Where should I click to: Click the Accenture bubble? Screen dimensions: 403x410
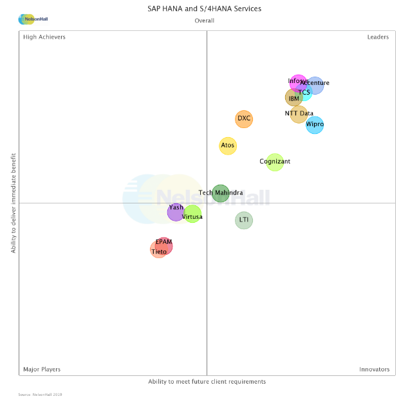click(315, 85)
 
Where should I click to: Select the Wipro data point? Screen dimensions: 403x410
click(315, 124)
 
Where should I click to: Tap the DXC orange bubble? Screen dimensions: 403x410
click(244, 118)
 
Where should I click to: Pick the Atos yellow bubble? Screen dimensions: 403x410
click(228, 145)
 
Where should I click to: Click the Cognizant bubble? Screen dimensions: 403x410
click(275, 162)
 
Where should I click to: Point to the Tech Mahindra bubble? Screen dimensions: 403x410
click(221, 192)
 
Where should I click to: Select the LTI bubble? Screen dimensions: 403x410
click(244, 220)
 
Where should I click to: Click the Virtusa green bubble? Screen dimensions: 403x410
click(192, 214)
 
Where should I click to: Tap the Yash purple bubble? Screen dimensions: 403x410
click(176, 211)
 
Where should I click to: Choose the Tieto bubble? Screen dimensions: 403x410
click(158, 250)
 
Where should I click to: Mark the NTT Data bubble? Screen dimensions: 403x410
click(299, 114)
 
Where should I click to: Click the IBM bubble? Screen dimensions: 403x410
click(294, 98)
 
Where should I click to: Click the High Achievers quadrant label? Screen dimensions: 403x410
click(44, 37)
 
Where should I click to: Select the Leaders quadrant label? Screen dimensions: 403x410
click(378, 37)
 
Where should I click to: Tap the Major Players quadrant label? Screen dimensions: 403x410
click(42, 370)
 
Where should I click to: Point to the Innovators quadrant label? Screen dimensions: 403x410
click(375, 370)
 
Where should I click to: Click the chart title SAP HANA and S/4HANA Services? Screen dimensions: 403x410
click(205, 9)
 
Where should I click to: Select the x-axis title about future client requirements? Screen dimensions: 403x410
click(207, 382)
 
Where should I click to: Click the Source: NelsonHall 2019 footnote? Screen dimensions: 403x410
click(40, 395)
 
